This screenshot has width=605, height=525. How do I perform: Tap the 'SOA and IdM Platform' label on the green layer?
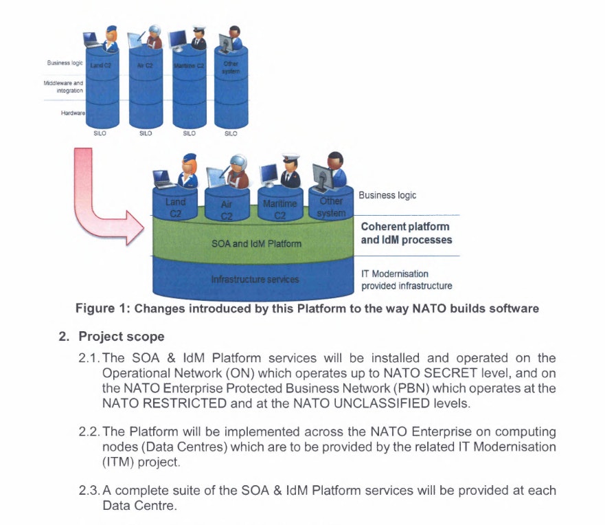click(255, 243)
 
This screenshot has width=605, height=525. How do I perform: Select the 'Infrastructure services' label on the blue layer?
click(255, 280)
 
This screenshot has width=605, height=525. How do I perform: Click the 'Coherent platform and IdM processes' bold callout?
click(405, 233)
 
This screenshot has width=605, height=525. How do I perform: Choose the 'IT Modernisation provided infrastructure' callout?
click(407, 280)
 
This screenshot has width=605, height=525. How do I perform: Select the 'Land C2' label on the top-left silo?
click(100, 65)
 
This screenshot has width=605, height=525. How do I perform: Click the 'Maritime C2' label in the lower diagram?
click(279, 209)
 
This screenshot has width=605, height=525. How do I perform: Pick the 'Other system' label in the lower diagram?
click(331, 207)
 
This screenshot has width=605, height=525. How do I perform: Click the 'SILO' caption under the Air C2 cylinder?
click(146, 134)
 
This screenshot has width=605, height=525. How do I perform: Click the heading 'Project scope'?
click(121, 337)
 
